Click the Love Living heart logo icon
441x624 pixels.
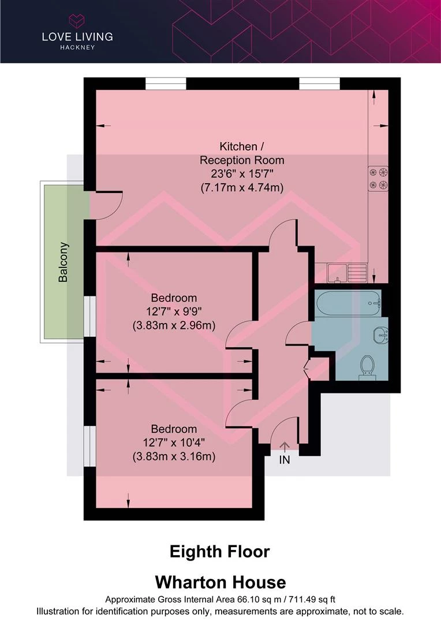tap(77, 21)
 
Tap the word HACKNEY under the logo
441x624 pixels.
tap(77, 47)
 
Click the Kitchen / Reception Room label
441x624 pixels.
tap(242, 153)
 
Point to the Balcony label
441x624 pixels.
tap(63, 262)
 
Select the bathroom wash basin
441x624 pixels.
tap(382, 334)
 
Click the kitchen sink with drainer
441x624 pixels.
tap(346, 272)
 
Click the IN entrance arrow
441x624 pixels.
tap(285, 447)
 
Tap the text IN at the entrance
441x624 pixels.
tap(285, 460)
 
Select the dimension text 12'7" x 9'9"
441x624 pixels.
tap(174, 312)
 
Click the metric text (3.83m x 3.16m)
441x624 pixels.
tap(174, 456)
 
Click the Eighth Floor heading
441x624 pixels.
tap(219, 552)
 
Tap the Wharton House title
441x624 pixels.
tap(219, 581)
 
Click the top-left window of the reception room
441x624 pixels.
tap(166, 84)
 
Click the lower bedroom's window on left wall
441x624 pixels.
tap(89, 445)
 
